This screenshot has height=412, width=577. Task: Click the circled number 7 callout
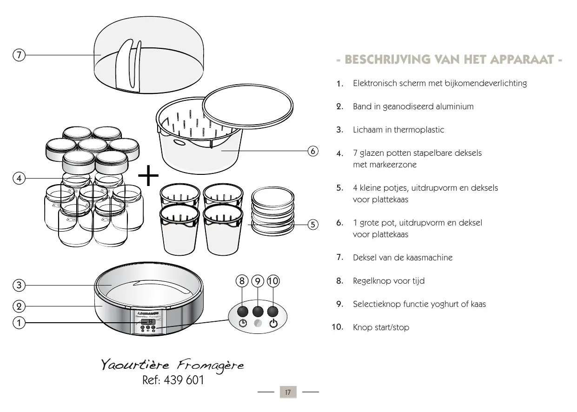coord(19,55)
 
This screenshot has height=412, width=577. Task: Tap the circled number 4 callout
coord(19,178)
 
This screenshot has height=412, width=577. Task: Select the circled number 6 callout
coord(313,151)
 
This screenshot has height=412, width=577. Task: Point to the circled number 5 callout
coord(313,225)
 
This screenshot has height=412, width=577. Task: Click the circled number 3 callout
coord(19,285)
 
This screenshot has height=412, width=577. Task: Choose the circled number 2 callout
coord(19,306)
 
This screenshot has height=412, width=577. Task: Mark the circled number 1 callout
coord(19,322)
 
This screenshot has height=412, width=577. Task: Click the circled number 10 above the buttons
coord(273,281)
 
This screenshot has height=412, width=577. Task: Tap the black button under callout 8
coord(242,311)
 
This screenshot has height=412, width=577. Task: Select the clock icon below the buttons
coord(242,324)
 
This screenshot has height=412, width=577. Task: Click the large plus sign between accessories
coord(148,178)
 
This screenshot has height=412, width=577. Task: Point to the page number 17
coord(288,392)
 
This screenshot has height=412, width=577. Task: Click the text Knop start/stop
coord(381,327)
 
